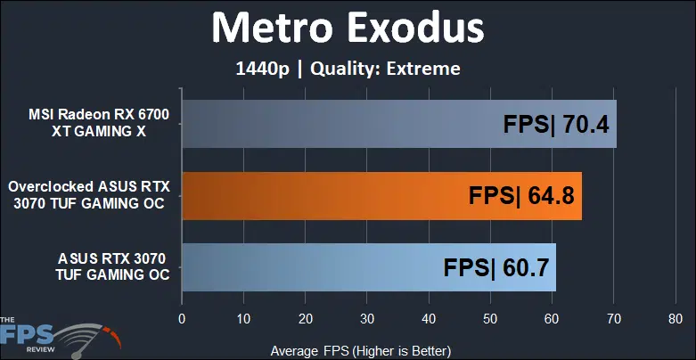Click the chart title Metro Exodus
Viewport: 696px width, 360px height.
click(348, 29)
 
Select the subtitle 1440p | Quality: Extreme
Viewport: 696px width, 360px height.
click(348, 69)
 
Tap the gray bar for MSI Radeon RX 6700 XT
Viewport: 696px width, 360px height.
click(399, 124)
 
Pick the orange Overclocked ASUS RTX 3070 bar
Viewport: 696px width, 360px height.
click(381, 196)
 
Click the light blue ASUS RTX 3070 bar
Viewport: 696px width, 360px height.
click(369, 267)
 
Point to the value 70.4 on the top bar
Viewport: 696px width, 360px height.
click(586, 124)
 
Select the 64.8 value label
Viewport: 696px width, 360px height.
click(552, 196)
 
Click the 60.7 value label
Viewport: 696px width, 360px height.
click(526, 268)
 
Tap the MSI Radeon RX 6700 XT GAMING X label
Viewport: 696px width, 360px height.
click(99, 123)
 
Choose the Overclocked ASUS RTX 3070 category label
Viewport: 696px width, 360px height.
click(89, 194)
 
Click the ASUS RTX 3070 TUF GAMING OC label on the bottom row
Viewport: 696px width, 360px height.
click(112, 266)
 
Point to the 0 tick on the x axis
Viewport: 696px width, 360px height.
click(182, 319)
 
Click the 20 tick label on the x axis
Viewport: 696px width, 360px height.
click(305, 319)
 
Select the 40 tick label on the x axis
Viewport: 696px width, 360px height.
click(429, 319)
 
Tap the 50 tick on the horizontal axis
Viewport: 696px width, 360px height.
click(490, 319)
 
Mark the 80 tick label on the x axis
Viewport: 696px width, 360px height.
click(676, 319)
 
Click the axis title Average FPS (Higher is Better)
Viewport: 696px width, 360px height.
click(361, 351)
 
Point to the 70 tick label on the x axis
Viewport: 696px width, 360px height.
click(613, 319)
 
